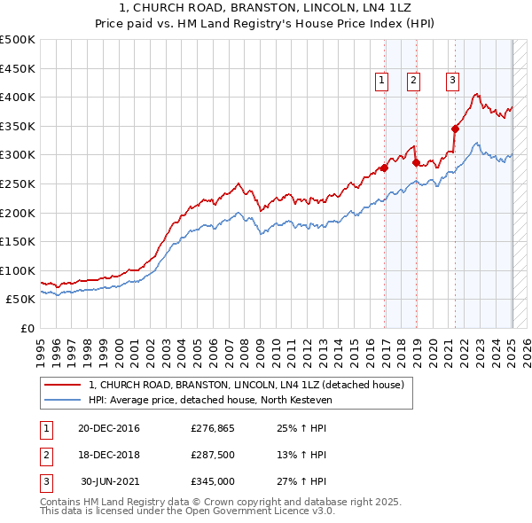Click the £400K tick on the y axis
18,97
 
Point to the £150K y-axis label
18,241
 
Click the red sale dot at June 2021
456,129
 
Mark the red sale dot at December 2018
416,162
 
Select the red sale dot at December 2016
385,168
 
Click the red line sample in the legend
61,385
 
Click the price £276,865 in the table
211,429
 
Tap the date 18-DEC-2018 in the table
109,456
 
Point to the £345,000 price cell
211,481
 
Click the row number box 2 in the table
45,456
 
